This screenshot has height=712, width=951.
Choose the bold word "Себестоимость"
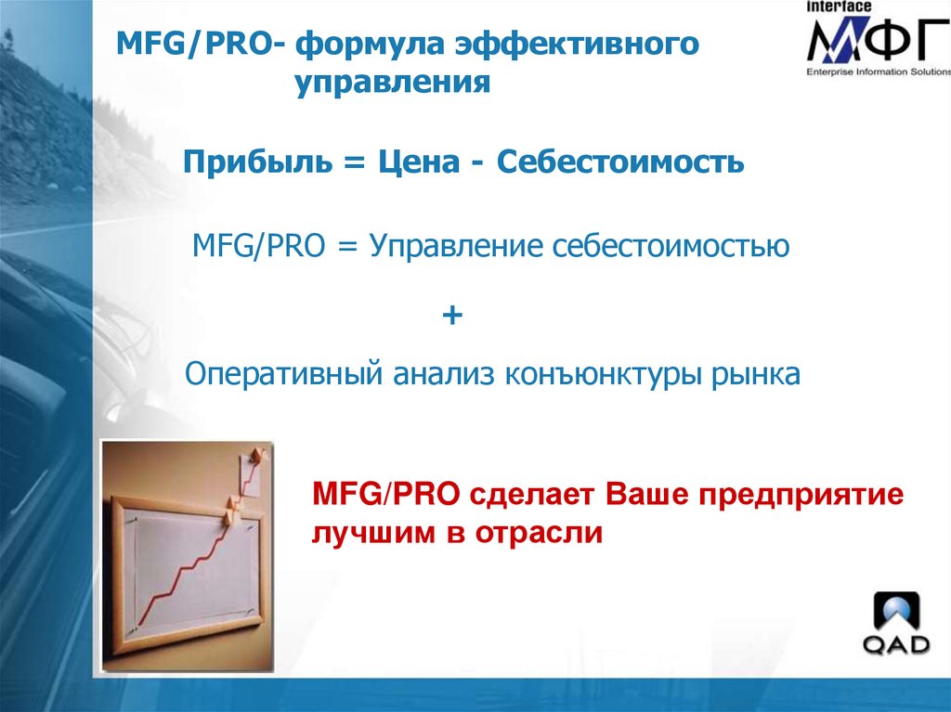(x=620, y=162)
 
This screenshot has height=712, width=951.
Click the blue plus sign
(x=452, y=316)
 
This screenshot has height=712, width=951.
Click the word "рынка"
(x=755, y=375)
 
